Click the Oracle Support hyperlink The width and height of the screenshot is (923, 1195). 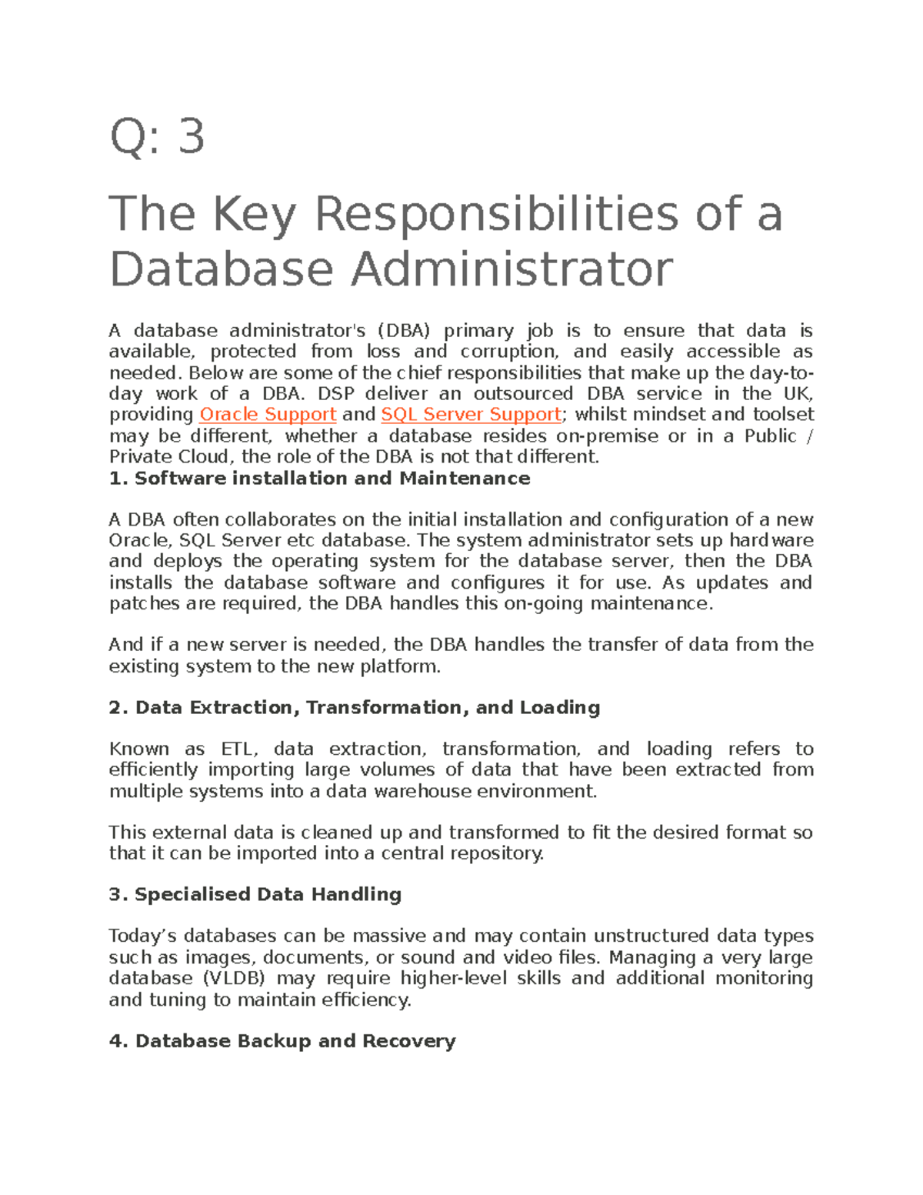point(268,415)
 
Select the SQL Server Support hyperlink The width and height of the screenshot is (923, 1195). point(471,415)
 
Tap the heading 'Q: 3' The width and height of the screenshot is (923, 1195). point(157,137)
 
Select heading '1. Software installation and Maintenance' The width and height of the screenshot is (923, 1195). point(319,479)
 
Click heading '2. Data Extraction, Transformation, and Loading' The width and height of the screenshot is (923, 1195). point(354,708)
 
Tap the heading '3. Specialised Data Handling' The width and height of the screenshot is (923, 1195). point(255,895)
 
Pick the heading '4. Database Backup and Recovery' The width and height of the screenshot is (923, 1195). point(282,1041)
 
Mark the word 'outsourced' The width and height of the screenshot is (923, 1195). point(523,394)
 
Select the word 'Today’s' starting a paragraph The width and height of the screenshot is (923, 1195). point(143,936)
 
